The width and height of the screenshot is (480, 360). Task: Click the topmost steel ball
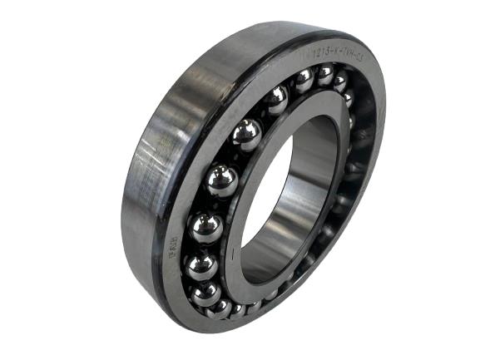tap(324, 74)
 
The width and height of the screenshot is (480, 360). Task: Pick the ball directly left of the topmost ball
tap(304, 80)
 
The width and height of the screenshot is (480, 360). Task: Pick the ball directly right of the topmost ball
tap(340, 81)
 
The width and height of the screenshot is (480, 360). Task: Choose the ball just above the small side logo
tap(206, 227)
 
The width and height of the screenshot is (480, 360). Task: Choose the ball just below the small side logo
tap(200, 266)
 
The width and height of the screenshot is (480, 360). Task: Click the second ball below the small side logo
tap(205, 293)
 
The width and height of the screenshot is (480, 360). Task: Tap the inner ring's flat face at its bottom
tap(266, 287)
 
